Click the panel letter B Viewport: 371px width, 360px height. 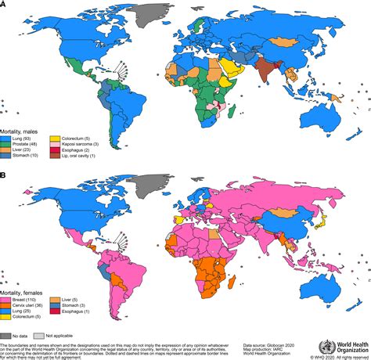tap(3, 178)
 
